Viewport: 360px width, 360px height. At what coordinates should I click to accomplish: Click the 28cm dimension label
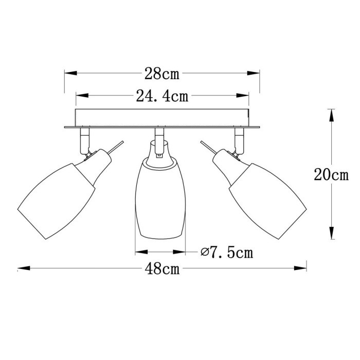161,74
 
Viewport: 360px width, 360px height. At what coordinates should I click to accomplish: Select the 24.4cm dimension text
161,96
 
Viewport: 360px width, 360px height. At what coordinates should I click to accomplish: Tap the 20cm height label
331,175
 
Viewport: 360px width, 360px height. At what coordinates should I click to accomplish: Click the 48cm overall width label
161,268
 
